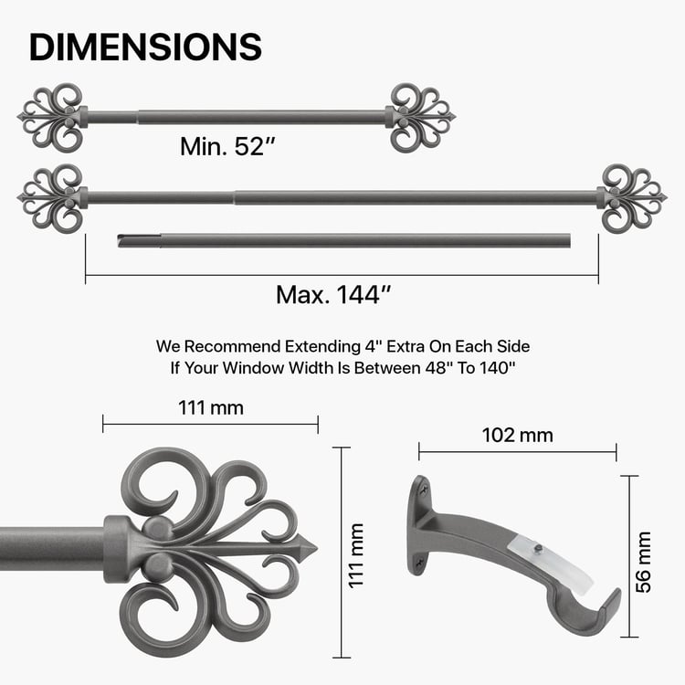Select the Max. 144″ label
pyautogui.click(x=333, y=295)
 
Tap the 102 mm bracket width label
pyautogui.click(x=517, y=435)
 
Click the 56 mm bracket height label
pyautogui.click(x=645, y=561)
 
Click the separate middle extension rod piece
pyautogui.click(x=344, y=241)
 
